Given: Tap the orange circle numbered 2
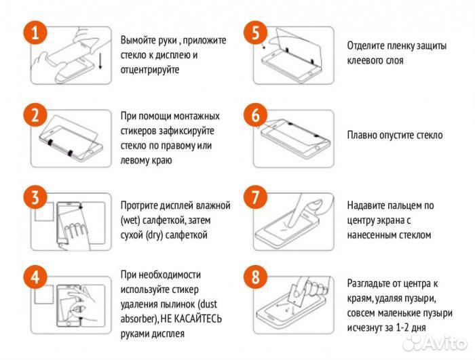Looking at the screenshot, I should pyautogui.click(x=34, y=115).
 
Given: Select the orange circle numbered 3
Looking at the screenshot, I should pyautogui.click(x=34, y=198).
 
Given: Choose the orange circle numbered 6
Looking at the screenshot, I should pyautogui.click(x=256, y=115).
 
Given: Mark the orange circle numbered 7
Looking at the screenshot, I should pyautogui.click(x=256, y=198).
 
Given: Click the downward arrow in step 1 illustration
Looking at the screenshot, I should pyautogui.click(x=100, y=60).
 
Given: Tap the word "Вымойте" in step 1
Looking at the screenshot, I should pyautogui.click(x=139, y=41).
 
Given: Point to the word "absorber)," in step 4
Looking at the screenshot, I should pyautogui.click(x=140, y=319).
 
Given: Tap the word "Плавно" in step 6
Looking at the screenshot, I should pyautogui.click(x=364, y=135).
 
